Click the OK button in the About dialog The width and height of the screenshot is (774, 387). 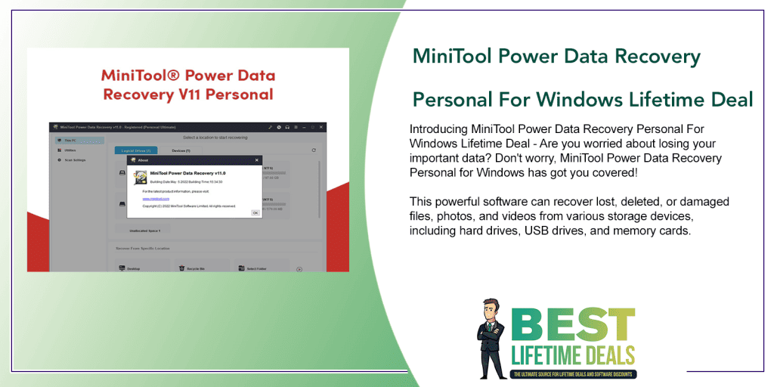(x=255, y=212)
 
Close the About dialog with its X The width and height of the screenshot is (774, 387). (x=256, y=160)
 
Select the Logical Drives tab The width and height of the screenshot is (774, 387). (x=136, y=151)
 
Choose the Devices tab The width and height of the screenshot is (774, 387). (x=181, y=151)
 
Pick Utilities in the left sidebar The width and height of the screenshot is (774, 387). (x=69, y=150)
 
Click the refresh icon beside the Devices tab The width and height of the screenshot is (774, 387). (x=314, y=151)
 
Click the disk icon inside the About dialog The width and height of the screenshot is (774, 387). (x=140, y=177)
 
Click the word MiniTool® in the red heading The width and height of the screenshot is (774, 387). (x=141, y=76)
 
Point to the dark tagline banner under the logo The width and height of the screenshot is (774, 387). (x=573, y=374)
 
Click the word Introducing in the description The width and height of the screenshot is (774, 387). (x=438, y=129)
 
